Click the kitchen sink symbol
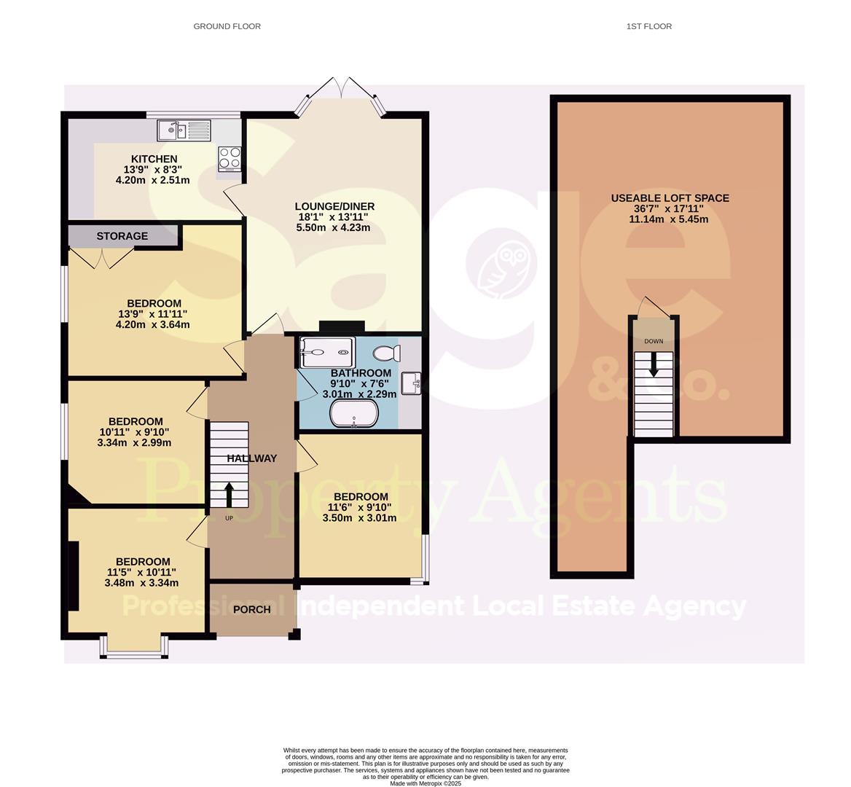click(184, 131)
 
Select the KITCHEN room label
click(154, 159)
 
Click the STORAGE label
click(122, 236)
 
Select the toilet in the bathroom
click(385, 354)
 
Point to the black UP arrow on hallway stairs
click(230, 494)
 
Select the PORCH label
click(251, 609)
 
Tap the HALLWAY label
click(251, 458)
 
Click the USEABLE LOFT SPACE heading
click(670, 198)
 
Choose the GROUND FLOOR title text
click(227, 26)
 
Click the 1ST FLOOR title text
click(648, 26)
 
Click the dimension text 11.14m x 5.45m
click(670, 219)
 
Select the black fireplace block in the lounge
click(341, 327)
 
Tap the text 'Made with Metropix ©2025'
click(426, 783)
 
